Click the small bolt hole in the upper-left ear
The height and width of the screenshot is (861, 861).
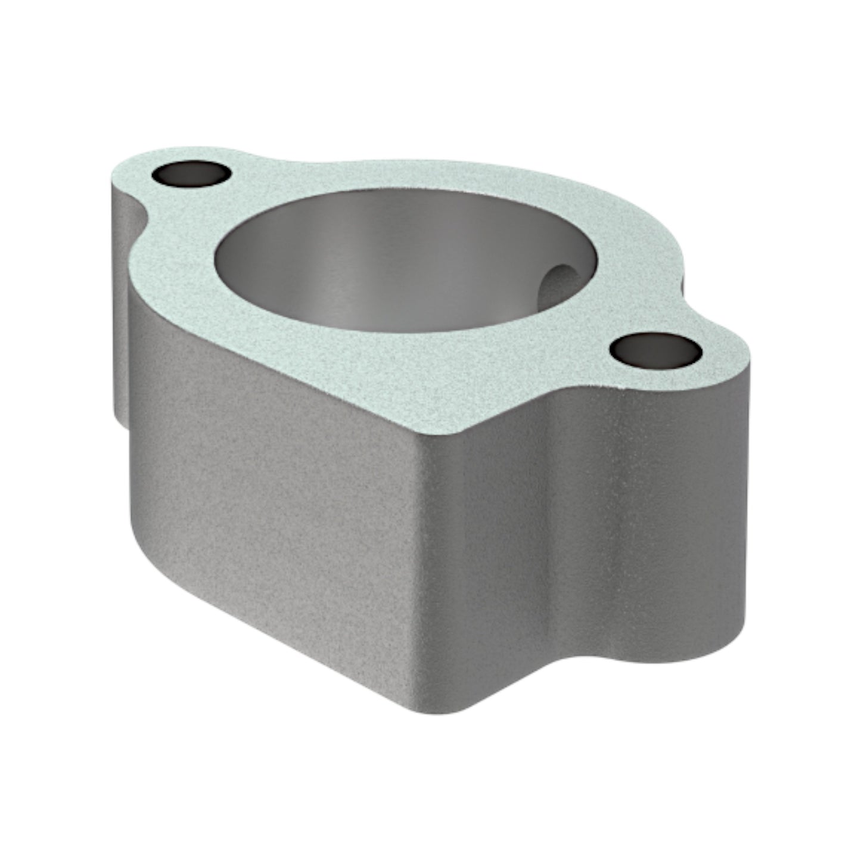click(x=191, y=173)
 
